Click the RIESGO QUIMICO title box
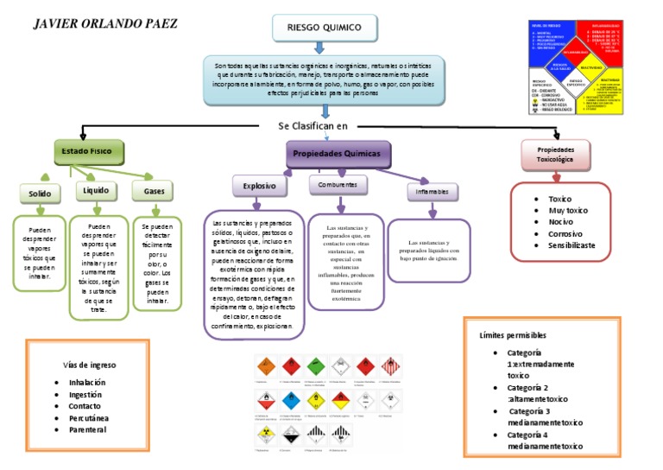324,28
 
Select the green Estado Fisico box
89,152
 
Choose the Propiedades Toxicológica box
556,155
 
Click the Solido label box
40,194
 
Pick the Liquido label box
96,190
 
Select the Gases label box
155,190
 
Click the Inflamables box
432,191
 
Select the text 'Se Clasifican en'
313,125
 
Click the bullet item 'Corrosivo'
565,233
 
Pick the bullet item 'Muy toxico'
568,210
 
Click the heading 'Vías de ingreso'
90,365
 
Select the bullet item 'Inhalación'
87,382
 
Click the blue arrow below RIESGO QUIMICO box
324,49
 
